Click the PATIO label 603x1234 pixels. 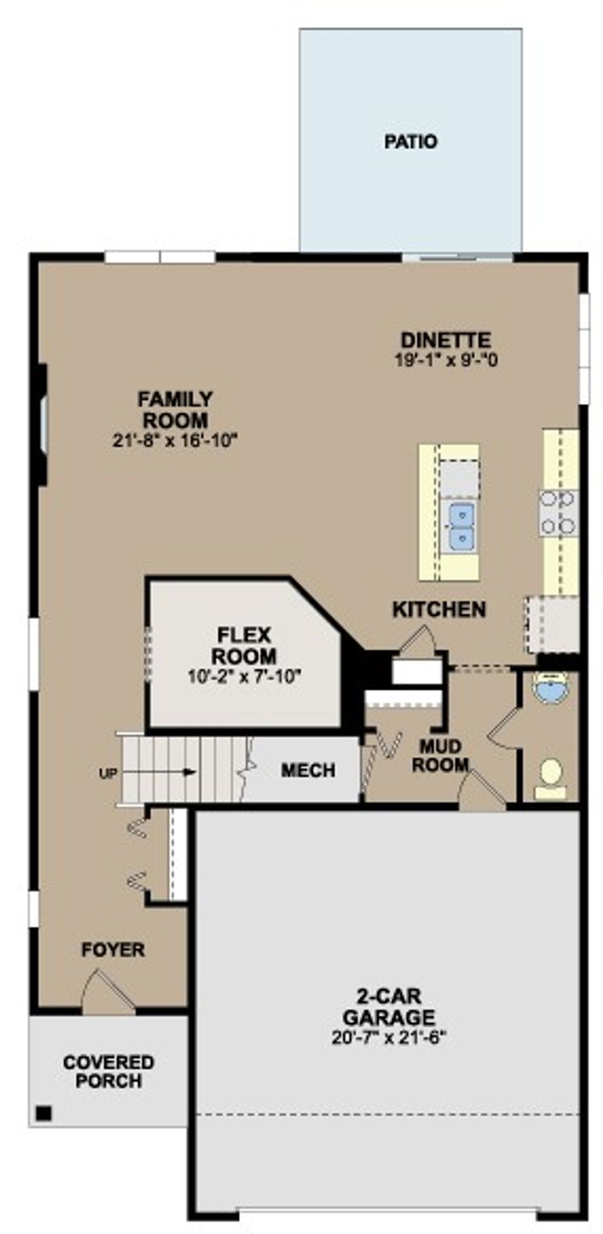[410, 142]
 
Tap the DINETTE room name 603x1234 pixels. [446, 340]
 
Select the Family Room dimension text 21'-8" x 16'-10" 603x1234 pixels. [175, 440]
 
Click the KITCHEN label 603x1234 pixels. [439, 610]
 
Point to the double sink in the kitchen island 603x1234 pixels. [461, 525]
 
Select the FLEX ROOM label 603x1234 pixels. [244, 646]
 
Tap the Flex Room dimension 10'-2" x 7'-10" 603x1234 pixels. [244, 677]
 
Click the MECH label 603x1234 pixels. [308, 770]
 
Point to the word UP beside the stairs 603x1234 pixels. [108, 773]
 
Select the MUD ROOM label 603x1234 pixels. [440, 756]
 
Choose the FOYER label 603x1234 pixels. [113, 950]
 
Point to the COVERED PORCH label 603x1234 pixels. [109, 1071]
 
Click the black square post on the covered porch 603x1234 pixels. [44, 1114]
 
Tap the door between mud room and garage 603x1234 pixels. [482, 790]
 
